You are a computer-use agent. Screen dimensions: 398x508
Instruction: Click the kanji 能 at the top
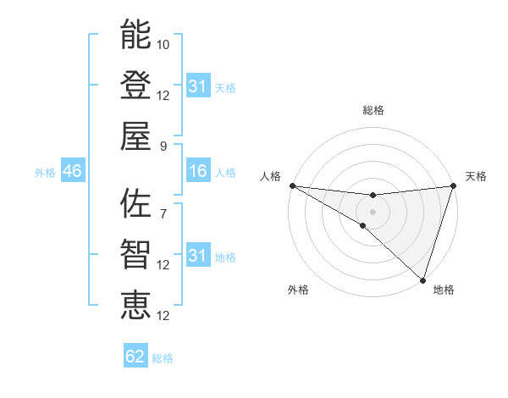click(x=135, y=35)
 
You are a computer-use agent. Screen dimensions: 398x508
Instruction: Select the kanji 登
click(x=135, y=85)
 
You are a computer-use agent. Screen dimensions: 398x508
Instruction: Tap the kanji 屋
click(x=135, y=135)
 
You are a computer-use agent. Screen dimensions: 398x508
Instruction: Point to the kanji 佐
click(x=135, y=203)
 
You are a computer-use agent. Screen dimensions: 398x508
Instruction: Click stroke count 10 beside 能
click(x=163, y=44)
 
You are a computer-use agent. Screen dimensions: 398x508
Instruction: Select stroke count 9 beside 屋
click(x=163, y=145)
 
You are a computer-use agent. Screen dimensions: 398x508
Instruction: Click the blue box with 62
click(x=135, y=357)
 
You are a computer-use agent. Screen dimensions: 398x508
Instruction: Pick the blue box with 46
click(x=72, y=172)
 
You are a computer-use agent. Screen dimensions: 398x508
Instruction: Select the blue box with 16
click(x=198, y=172)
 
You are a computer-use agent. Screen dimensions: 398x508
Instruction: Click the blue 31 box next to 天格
click(x=198, y=86)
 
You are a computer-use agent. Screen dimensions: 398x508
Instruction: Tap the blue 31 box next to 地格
click(x=198, y=256)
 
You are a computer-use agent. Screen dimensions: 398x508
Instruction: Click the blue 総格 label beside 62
click(x=163, y=358)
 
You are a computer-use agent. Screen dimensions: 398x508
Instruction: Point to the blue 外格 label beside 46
click(x=45, y=173)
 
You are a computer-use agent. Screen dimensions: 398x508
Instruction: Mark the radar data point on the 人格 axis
click(x=291, y=185)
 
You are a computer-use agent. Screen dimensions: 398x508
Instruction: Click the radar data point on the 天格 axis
click(x=454, y=185)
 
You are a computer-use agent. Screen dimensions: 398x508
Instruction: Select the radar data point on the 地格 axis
click(x=422, y=279)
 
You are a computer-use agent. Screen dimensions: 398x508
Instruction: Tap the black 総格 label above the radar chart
click(x=373, y=110)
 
